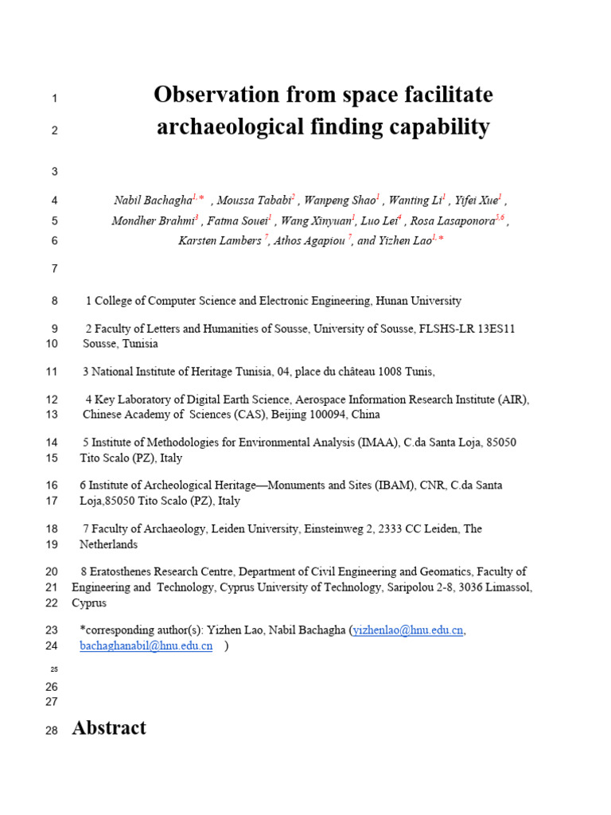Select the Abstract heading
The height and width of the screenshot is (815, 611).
pos(109,727)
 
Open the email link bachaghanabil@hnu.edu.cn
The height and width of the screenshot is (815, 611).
pos(146,646)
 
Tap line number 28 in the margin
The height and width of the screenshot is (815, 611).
pos(53,730)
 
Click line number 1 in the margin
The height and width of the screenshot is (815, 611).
pos(54,99)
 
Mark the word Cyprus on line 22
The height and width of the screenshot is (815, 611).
pos(88,603)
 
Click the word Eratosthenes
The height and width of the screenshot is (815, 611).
pos(127,572)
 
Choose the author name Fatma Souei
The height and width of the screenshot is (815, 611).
pos(237,221)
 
